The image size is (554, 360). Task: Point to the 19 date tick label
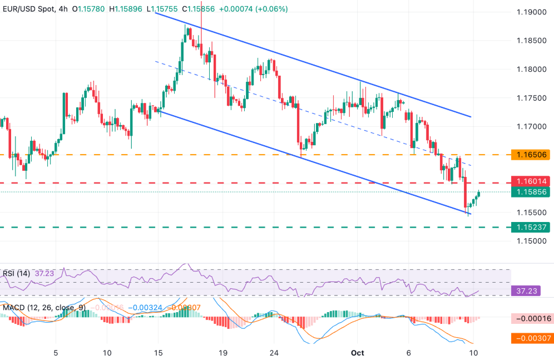(x=223, y=353)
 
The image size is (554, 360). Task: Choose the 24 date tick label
(x=274, y=353)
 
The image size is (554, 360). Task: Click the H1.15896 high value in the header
(x=128, y=9)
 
